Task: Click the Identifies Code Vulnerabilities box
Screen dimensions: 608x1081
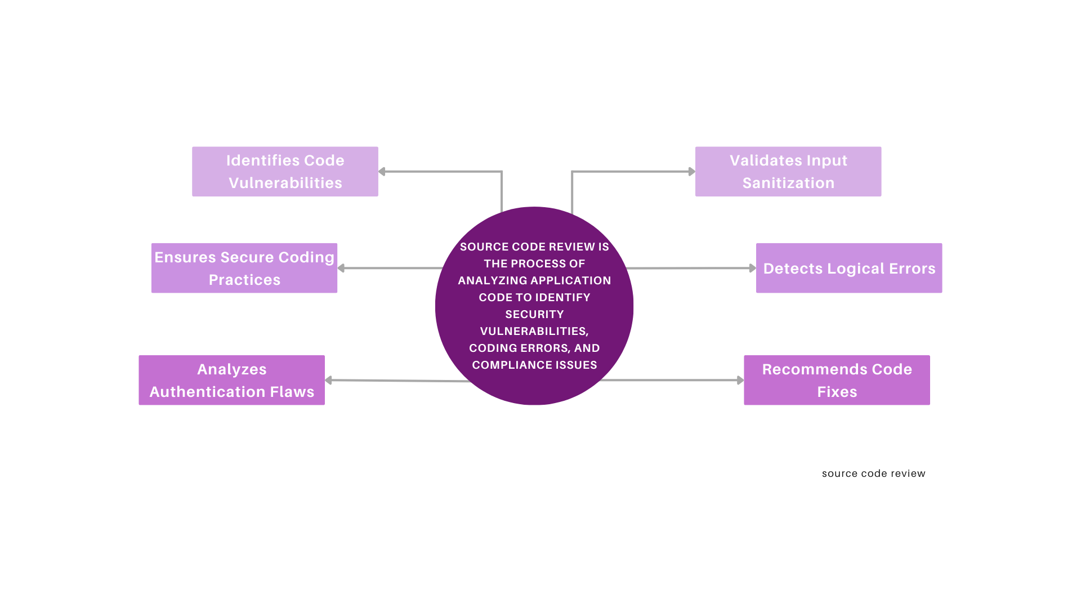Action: (x=285, y=172)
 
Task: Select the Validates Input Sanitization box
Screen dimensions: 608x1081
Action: (x=788, y=172)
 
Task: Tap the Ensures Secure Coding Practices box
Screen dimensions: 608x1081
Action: (x=244, y=268)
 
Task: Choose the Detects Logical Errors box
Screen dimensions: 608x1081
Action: (x=848, y=268)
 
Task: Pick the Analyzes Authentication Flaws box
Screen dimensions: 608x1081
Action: (x=231, y=380)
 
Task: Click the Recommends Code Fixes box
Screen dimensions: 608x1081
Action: (x=837, y=380)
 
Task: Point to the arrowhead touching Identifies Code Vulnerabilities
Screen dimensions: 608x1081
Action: (x=382, y=172)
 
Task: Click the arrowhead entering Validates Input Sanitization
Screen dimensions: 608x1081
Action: (x=691, y=172)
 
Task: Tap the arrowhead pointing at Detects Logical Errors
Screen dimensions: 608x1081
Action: (x=752, y=268)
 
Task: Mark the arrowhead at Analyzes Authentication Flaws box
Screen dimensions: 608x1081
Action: (x=329, y=380)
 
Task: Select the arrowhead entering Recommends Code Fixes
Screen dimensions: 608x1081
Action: (x=740, y=380)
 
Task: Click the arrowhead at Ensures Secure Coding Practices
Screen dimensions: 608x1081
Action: (x=341, y=268)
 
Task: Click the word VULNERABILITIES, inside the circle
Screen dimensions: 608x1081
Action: (x=534, y=331)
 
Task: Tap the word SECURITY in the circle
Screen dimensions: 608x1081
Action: (x=534, y=314)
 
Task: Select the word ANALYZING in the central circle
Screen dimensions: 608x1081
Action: (x=485, y=280)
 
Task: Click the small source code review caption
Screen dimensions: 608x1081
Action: (x=873, y=473)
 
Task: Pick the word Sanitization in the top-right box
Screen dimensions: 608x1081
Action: (x=788, y=183)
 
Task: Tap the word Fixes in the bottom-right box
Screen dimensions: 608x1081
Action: (x=837, y=392)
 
